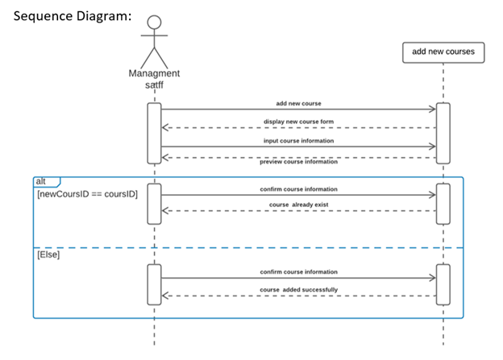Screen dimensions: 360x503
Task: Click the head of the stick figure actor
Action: [155, 23]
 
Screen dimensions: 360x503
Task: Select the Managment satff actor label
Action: [154, 78]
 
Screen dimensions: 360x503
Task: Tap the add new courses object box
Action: [443, 52]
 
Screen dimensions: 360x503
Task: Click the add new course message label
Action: [298, 103]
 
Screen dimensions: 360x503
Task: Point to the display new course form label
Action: [298, 122]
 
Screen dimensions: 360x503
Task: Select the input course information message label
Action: [298, 140]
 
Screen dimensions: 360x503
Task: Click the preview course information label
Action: [298, 161]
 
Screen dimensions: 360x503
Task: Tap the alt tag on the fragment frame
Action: [41, 181]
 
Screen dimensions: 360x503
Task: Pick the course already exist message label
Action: [298, 205]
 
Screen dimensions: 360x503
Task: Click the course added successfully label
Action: [298, 289]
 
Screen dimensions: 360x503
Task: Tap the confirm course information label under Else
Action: [298, 271]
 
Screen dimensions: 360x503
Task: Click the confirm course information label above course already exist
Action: [298, 188]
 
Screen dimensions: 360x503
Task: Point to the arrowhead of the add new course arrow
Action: [432, 110]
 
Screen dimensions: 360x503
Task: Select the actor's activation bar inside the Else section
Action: [155, 284]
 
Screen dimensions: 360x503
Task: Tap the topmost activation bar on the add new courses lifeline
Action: [443, 132]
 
